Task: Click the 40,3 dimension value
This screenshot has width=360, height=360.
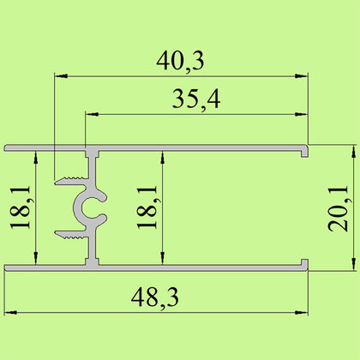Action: pyautogui.click(x=180, y=62)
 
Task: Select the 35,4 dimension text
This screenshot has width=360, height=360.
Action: pyautogui.click(x=196, y=99)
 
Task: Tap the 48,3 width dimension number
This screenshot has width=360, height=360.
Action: pyautogui.click(x=155, y=297)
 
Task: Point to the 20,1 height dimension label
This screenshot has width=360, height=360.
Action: pyautogui.click(x=339, y=208)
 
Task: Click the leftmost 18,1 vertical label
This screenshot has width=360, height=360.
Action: pyautogui.click(x=21, y=207)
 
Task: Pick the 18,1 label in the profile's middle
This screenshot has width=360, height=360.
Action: pyautogui.click(x=147, y=207)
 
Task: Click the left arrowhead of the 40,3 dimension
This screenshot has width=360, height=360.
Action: pyautogui.click(x=61, y=76)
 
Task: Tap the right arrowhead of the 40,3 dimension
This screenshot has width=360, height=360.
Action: pyautogui.click(x=302, y=76)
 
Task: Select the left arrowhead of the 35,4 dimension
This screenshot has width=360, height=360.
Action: pyautogui.click(x=92, y=114)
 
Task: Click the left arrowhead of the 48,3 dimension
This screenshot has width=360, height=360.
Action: pyautogui.click(x=11, y=313)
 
